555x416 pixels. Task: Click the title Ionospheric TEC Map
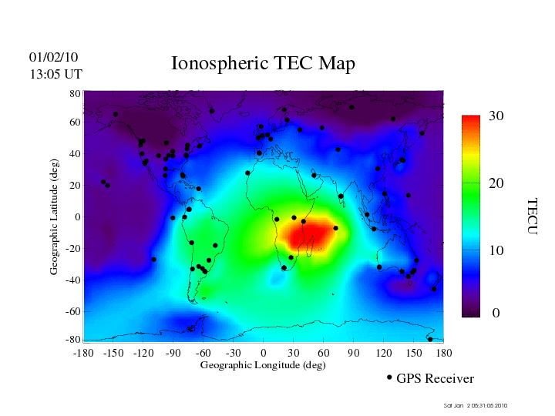pyautogui.click(x=263, y=63)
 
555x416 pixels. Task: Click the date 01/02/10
pyautogui.click(x=53, y=58)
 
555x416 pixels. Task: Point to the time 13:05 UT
pyautogui.click(x=55, y=74)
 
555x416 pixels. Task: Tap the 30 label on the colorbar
pyautogui.click(x=496, y=116)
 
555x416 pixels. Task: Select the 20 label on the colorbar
pyautogui.click(x=496, y=185)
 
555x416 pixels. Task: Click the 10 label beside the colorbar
pyautogui.click(x=496, y=251)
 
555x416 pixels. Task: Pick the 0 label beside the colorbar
pyautogui.click(x=496, y=313)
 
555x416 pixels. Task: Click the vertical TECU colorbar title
pyautogui.click(x=532, y=216)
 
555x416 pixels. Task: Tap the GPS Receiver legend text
pyautogui.click(x=435, y=379)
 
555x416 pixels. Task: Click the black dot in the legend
pyautogui.click(x=389, y=377)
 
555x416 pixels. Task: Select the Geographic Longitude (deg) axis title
pyautogui.click(x=263, y=365)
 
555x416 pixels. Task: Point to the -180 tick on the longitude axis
pyautogui.click(x=82, y=353)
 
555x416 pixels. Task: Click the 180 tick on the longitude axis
pyautogui.click(x=444, y=353)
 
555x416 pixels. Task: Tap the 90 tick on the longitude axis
pyautogui.click(x=354, y=353)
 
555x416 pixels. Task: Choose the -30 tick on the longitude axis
pyautogui.click(x=233, y=353)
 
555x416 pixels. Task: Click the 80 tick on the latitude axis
pyautogui.click(x=76, y=93)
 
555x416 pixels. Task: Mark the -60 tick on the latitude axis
pyautogui.click(x=74, y=312)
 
